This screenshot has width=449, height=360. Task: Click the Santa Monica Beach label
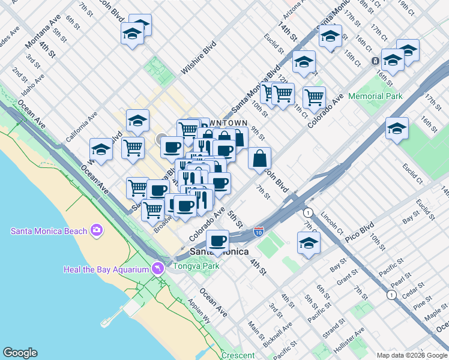[48, 231]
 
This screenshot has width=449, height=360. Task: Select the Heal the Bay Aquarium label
[106, 269]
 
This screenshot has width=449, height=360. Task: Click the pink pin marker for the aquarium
[158, 268]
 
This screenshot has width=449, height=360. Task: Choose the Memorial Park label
[375, 96]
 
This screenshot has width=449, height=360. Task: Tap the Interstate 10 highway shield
[258, 232]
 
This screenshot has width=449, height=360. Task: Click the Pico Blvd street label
[360, 232]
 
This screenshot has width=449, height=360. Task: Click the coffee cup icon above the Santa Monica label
[217, 241]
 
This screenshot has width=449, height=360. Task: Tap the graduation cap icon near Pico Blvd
[309, 243]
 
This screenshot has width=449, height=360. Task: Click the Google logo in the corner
[20, 353]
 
